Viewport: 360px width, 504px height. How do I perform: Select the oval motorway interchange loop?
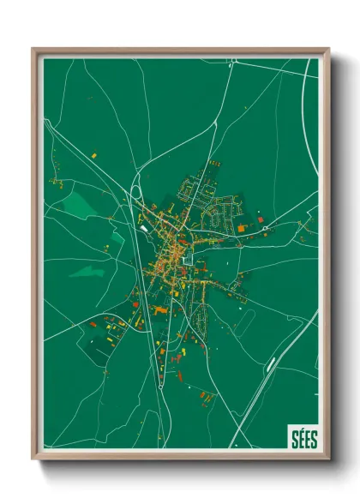[x=137, y=206]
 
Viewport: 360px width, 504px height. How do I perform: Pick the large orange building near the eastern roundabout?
[x=243, y=229]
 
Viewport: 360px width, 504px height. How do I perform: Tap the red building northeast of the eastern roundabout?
[x=261, y=219]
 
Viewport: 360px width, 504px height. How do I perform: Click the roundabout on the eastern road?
[x=266, y=227]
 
